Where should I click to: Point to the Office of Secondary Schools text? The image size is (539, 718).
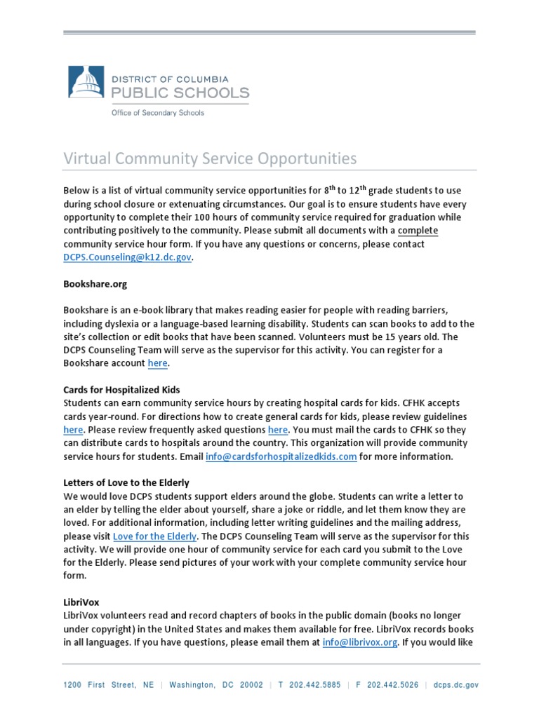click(x=158, y=113)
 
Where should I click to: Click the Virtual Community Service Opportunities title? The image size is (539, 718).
click(x=211, y=158)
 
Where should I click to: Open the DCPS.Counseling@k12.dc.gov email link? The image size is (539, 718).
click(x=127, y=257)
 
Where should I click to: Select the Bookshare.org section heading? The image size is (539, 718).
click(x=95, y=285)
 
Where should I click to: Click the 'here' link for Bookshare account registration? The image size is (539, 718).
click(x=158, y=363)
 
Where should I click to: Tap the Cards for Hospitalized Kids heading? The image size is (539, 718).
click(x=122, y=390)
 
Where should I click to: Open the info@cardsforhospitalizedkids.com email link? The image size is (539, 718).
click(x=281, y=456)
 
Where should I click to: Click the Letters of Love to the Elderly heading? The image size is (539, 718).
click(x=126, y=483)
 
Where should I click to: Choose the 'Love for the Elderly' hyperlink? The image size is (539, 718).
click(x=154, y=536)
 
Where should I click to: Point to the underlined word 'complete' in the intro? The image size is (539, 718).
click(x=418, y=231)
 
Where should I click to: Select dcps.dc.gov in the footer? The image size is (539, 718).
click(x=456, y=685)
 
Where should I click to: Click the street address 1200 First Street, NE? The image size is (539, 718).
click(x=109, y=685)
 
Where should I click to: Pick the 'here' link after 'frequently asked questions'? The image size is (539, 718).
click(x=278, y=430)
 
